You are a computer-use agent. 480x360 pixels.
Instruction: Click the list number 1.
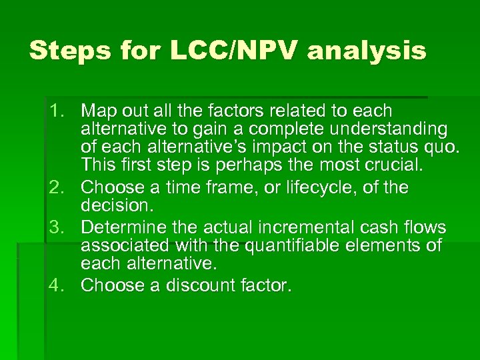(55, 110)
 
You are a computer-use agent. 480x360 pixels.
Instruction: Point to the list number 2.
(55, 187)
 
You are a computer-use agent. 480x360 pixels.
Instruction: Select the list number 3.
(55, 227)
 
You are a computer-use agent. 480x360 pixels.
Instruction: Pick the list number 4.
(55, 285)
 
